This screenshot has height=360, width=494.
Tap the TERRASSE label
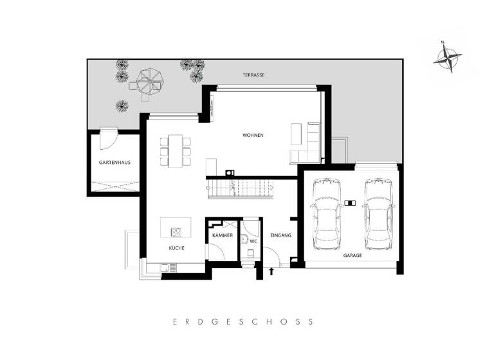[253, 75]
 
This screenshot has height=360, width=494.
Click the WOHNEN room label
[253, 135]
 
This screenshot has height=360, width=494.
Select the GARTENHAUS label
[114, 163]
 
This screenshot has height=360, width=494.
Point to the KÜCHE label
[177, 248]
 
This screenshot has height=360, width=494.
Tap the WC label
[253, 241]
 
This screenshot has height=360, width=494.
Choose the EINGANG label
[281, 235]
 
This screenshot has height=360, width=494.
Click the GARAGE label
[352, 255]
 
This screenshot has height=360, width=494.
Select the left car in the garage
[325, 214]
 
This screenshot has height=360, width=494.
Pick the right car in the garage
[378, 214]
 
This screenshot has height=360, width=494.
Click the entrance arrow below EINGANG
[271, 271]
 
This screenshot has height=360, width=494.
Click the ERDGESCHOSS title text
[247, 321]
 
